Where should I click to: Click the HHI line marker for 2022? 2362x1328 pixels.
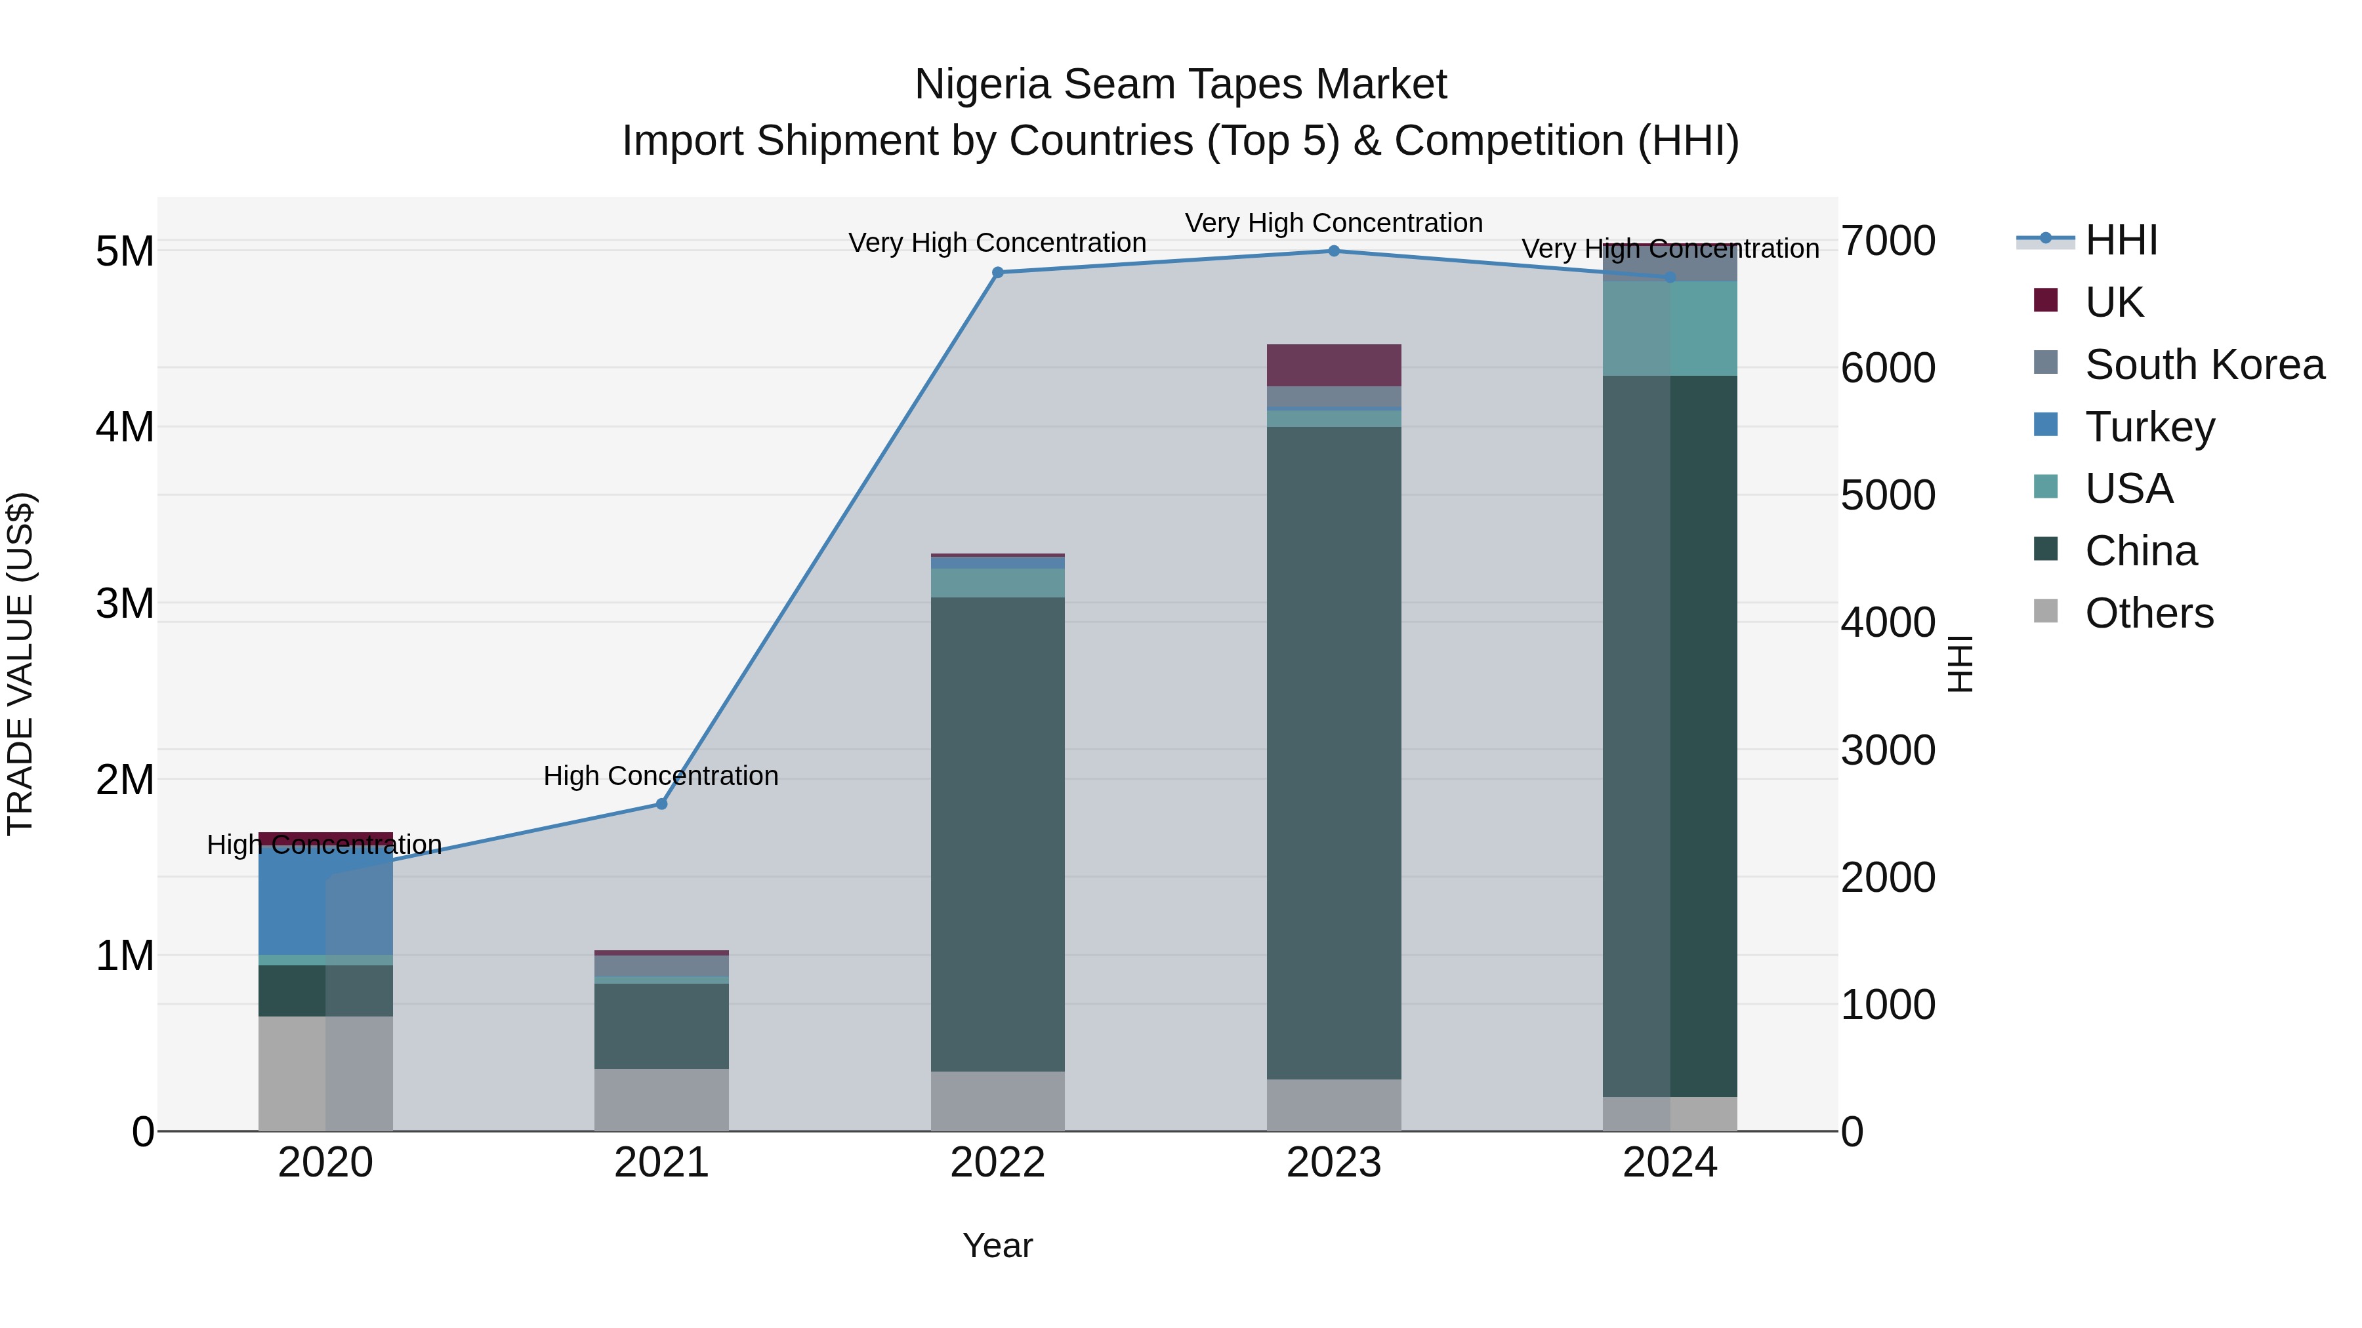[997, 272]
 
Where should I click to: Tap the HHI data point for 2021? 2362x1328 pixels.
[661, 805]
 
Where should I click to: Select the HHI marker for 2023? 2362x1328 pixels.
[1334, 251]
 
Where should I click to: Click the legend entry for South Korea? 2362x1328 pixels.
[2205, 365]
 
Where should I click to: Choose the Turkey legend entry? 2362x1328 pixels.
[2149, 427]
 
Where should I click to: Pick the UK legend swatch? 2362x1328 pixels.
[2046, 300]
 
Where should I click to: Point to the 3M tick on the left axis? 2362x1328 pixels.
[125, 604]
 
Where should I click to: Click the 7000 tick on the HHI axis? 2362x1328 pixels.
[1888, 241]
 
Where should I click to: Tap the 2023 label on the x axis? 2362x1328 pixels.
[1334, 1163]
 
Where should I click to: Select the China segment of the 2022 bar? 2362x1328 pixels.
[997, 834]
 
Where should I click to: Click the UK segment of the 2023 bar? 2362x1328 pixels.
[1334, 365]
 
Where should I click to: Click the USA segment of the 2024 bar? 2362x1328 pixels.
[1670, 328]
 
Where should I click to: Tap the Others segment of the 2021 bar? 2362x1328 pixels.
[661, 1100]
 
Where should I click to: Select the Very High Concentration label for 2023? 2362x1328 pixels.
[1333, 224]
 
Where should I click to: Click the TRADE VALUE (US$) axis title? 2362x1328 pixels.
[20, 664]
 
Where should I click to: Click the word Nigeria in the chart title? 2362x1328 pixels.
[982, 85]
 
